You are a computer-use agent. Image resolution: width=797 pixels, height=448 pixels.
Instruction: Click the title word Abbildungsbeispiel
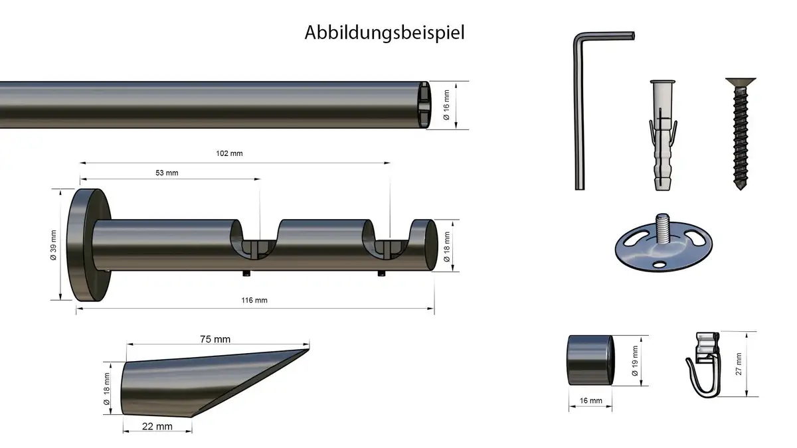pyautogui.click(x=385, y=33)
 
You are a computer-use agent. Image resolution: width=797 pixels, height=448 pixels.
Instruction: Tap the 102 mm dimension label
pyautogui.click(x=229, y=153)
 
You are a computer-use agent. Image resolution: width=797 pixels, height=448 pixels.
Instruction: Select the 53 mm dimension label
pyautogui.click(x=167, y=173)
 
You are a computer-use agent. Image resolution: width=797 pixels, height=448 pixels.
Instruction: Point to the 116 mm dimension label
pyautogui.click(x=254, y=301)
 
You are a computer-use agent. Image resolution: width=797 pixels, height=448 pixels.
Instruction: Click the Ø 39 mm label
pyautogui.click(x=53, y=245)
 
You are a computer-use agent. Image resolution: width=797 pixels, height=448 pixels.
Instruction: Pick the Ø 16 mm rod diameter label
pyautogui.click(x=446, y=105)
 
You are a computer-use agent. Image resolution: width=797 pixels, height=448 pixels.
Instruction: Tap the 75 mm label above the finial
pyautogui.click(x=215, y=339)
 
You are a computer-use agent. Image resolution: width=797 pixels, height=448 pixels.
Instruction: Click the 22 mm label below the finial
pyautogui.click(x=157, y=426)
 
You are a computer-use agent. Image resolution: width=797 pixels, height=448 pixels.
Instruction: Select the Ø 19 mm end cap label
pyautogui.click(x=635, y=361)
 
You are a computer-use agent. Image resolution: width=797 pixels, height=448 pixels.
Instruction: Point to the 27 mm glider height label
pyautogui.click(x=739, y=364)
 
